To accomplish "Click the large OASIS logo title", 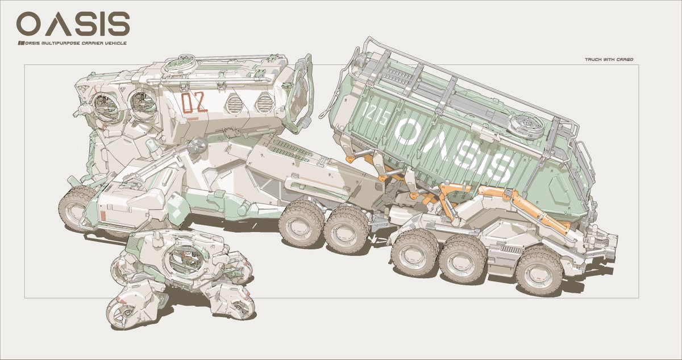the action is click(73, 24).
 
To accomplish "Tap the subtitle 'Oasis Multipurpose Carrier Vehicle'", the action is click(73, 43).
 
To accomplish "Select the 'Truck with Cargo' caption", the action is click(609, 59).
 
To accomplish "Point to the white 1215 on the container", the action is click(377, 113).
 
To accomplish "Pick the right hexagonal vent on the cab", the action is click(264, 102).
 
